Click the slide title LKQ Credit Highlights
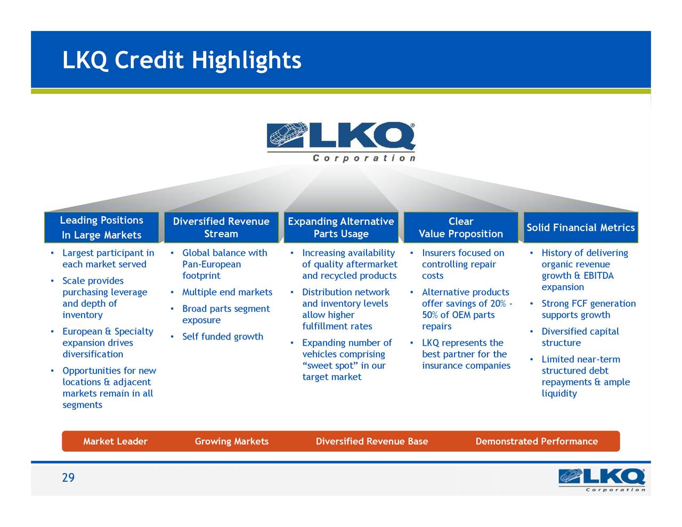pos(182,60)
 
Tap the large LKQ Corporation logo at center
pos(341,141)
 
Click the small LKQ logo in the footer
pos(602,480)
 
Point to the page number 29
pos(68,478)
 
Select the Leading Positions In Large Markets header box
pos(101,228)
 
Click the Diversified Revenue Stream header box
pos(221,228)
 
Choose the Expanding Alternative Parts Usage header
pos(341,228)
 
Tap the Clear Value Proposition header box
pos(461,228)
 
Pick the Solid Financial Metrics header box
pos(581,228)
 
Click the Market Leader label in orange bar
pos(115,441)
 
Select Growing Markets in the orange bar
pos(232,441)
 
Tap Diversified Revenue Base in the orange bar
pos(372,441)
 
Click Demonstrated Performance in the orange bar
pos(537,441)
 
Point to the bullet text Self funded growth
pos(223,337)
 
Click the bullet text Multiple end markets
pos(227,292)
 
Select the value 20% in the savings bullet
pos(498,304)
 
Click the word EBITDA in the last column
pos(598,275)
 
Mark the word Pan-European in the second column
pos(212,264)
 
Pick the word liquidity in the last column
pos(559,394)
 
